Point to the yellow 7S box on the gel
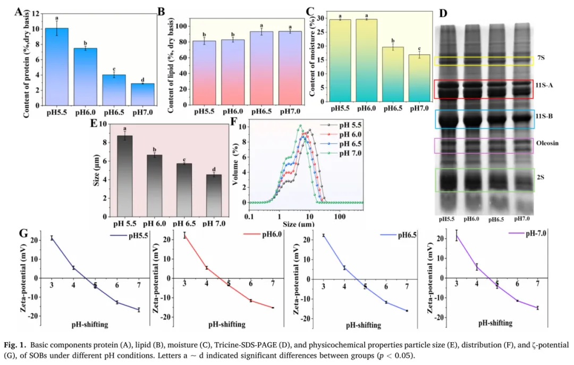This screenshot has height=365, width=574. pos(483,62)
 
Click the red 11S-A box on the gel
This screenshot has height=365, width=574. pos(483,89)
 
